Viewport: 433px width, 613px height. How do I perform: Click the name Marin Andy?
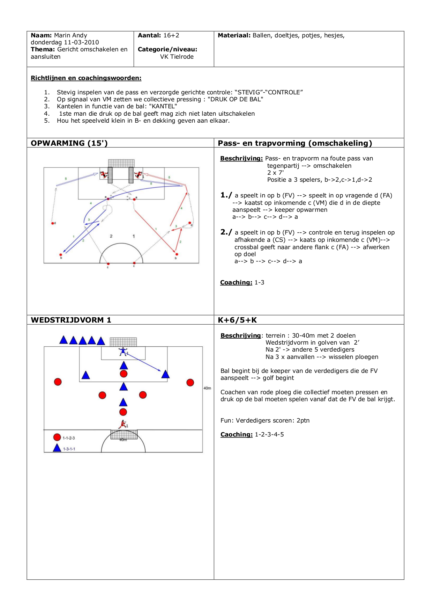tap(70, 35)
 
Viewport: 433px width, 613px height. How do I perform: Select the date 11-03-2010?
tap(81, 42)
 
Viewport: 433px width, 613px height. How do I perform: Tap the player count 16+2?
tap(171, 35)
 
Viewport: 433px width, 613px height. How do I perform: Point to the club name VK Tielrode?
tap(177, 57)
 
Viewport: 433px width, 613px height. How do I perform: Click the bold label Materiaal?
tap(234, 35)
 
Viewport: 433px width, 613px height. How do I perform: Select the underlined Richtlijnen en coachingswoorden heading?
tap(86, 78)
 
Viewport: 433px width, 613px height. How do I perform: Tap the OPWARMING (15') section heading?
tap(69, 143)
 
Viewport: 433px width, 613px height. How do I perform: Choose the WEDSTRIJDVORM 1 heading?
tap(71, 320)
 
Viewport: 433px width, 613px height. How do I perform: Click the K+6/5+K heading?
tap(237, 320)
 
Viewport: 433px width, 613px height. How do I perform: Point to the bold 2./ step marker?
tap(226, 232)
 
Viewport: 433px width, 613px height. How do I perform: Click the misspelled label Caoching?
tap(236, 434)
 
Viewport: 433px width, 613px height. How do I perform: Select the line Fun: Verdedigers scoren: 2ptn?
tap(265, 420)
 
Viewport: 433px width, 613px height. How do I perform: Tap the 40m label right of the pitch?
tap(207, 388)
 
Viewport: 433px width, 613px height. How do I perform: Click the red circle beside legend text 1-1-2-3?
tap(57, 437)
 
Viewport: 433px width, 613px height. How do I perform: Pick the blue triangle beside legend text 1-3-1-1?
tap(57, 448)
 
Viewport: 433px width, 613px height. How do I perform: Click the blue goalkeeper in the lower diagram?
tap(123, 351)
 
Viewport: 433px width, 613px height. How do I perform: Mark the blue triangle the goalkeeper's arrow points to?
tap(165, 375)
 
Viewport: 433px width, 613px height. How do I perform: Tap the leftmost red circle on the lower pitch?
tap(58, 382)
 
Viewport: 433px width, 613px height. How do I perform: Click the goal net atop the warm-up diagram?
tap(121, 163)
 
